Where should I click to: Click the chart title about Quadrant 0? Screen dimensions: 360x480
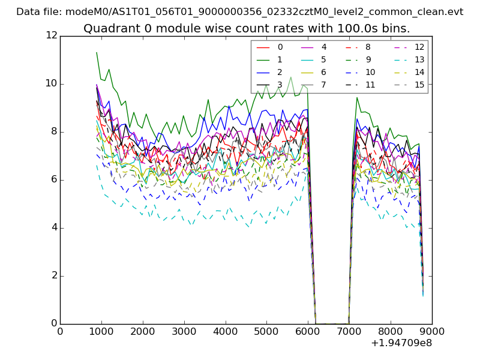coord(247,28)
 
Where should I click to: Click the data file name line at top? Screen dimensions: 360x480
coord(240,11)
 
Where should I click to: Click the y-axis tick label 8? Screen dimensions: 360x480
coord(53,131)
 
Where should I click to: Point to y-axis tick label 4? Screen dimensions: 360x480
coord(53,228)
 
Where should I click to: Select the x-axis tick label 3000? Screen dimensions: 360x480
coord(184,331)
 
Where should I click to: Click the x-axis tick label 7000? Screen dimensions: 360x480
coord(349,331)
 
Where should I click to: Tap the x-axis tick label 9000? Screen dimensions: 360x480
coord(432,331)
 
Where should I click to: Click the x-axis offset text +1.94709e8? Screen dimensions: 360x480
coord(401,343)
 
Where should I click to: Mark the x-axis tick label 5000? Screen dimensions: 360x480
coord(266,331)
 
